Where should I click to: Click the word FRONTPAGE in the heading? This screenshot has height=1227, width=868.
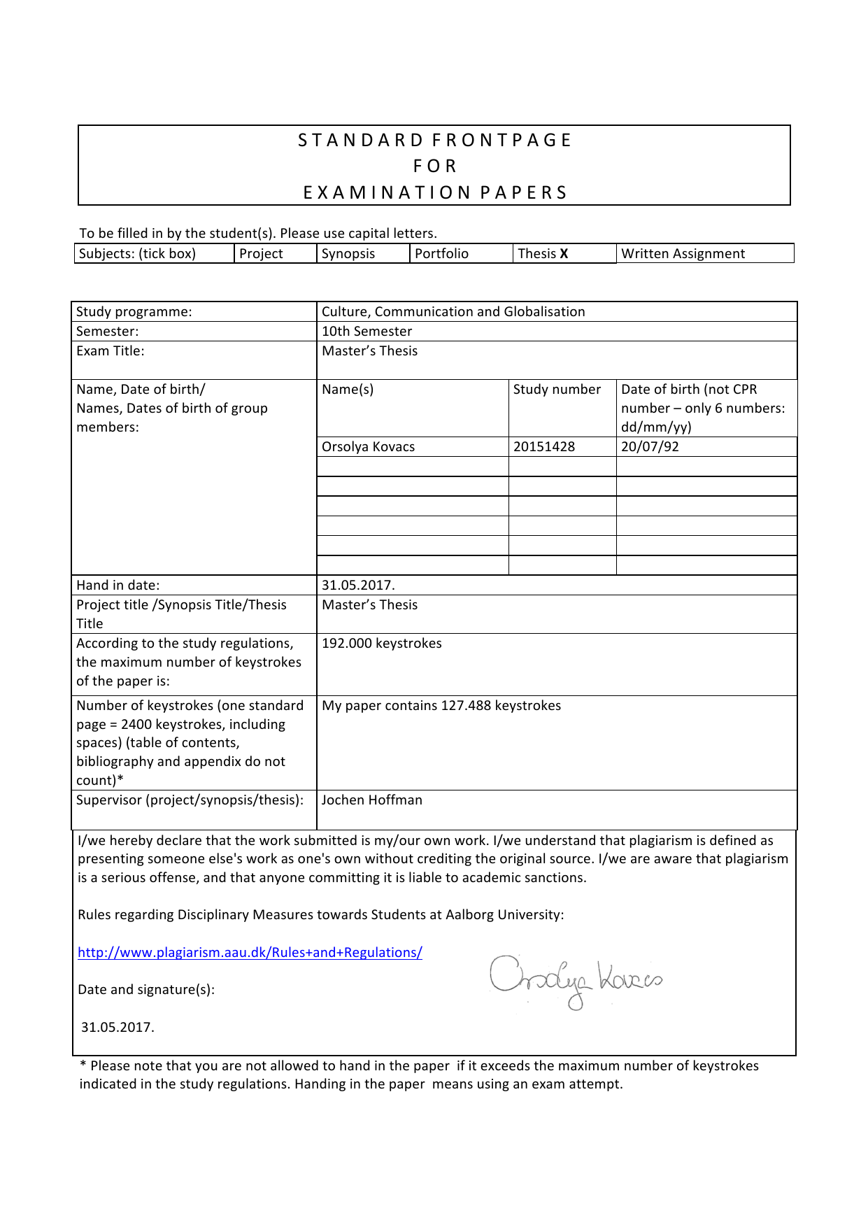tap(501, 141)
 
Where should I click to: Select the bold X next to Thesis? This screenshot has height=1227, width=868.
tap(564, 254)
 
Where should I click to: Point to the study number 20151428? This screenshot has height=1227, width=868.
tap(543, 447)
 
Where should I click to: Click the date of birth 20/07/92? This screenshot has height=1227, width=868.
tap(649, 447)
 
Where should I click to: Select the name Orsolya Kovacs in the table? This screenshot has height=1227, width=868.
tap(368, 447)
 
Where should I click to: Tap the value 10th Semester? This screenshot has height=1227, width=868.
tap(367, 332)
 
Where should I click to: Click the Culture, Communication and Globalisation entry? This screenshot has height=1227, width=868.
tap(453, 312)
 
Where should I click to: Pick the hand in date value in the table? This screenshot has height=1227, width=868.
tap(358, 586)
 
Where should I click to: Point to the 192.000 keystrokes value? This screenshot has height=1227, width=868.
tap(381, 644)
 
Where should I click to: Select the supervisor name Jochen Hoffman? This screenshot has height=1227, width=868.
tap(371, 800)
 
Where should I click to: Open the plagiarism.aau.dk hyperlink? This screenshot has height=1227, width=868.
tap(250, 953)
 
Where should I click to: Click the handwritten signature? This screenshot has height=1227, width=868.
tap(575, 979)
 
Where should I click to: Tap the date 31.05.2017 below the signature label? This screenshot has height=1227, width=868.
tap(118, 1028)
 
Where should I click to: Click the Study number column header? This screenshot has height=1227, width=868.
tap(557, 390)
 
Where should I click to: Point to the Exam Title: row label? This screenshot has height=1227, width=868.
tap(110, 351)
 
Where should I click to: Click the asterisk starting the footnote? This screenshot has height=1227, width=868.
tap(83, 1065)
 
